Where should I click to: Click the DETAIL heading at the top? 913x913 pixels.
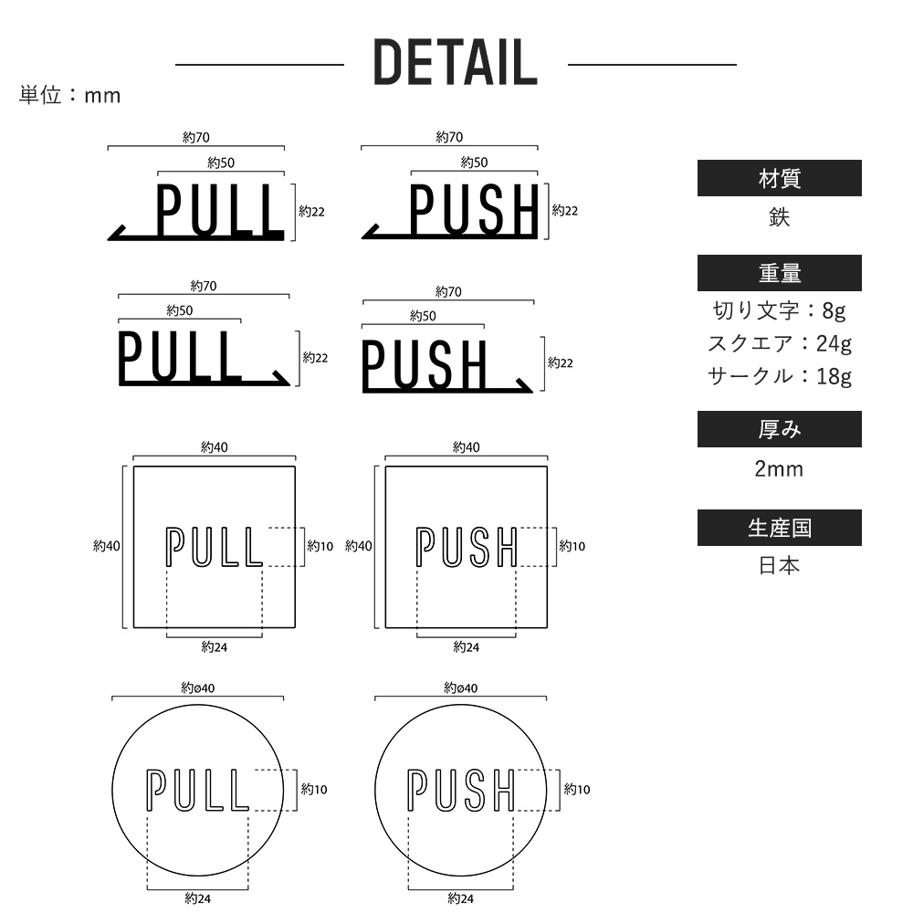point(455,62)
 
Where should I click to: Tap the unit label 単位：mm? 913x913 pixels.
point(70,95)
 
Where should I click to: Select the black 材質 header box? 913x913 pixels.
point(779,178)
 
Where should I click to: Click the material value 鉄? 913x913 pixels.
point(779,217)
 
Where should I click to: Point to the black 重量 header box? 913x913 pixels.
point(779,273)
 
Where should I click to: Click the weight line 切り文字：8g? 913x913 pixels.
point(779,311)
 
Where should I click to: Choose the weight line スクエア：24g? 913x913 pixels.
point(779,343)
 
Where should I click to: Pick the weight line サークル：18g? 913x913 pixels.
point(779,376)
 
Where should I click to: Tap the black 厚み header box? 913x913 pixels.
point(779,429)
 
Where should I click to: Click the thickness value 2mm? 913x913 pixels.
point(779,468)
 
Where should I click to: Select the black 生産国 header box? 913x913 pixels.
point(779,528)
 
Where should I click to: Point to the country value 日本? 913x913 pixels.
point(779,565)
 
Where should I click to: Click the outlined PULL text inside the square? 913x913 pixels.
point(214,547)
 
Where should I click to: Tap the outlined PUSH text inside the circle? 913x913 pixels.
point(460,790)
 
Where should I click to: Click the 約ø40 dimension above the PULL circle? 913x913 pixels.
point(198,687)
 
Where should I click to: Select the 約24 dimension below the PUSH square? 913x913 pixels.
point(467,647)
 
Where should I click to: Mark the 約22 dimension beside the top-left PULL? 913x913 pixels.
point(311,212)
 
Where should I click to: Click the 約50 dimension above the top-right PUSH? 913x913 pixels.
point(474,163)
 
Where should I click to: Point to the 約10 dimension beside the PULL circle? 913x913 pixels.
point(314,790)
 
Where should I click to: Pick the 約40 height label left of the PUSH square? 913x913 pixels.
point(358,546)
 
